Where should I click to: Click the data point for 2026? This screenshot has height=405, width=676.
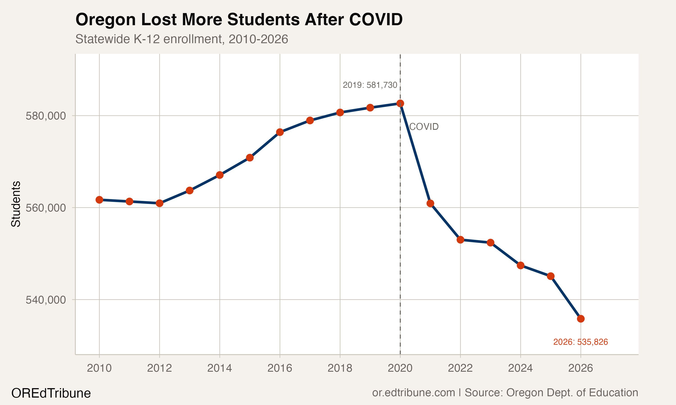(x=581, y=319)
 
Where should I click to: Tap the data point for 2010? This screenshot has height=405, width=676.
(x=99, y=200)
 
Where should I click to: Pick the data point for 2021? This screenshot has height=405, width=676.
(x=430, y=203)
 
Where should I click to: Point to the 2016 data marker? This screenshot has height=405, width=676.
(x=280, y=132)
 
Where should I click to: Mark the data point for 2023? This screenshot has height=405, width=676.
(x=491, y=243)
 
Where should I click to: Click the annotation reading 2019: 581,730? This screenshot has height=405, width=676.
(x=370, y=85)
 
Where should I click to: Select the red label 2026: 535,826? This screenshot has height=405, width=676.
(x=580, y=342)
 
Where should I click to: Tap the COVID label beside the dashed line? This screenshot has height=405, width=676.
(x=424, y=127)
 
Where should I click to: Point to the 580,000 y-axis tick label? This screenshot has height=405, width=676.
(x=46, y=116)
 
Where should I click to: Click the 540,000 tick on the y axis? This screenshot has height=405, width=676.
(x=46, y=300)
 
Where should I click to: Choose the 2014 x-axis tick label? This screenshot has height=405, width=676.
(x=219, y=368)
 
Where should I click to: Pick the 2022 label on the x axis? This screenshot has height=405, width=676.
(x=460, y=368)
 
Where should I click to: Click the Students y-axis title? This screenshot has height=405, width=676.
(x=16, y=204)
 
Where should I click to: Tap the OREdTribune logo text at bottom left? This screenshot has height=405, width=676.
(x=51, y=393)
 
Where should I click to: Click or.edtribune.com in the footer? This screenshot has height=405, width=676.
(x=413, y=392)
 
